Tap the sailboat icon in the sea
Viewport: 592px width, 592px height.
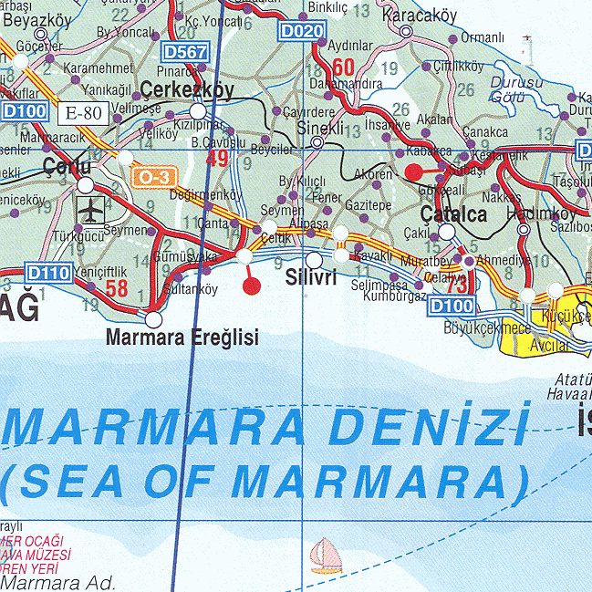326,554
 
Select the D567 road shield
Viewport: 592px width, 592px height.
184,53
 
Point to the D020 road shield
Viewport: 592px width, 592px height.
302,32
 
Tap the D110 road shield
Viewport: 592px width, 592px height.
48,273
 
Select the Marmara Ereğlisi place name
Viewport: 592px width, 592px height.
182,338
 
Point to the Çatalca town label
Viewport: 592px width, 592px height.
453,214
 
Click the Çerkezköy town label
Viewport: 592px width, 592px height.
188,89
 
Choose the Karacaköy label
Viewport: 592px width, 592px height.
419,16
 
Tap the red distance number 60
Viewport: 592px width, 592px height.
343,68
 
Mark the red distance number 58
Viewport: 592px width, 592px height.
116,289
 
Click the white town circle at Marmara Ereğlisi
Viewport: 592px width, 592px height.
153,319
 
